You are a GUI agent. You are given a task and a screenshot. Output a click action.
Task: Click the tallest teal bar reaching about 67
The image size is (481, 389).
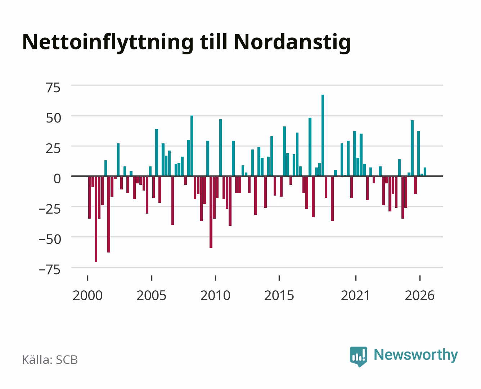[323, 135]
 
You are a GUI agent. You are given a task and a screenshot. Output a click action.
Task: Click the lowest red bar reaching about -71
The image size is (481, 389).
[96, 219]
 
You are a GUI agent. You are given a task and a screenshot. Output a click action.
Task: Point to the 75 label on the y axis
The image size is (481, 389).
[53, 88]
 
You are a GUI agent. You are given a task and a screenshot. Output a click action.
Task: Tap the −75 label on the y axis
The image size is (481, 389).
[49, 270]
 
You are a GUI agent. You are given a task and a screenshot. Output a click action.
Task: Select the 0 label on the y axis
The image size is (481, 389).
[57, 179]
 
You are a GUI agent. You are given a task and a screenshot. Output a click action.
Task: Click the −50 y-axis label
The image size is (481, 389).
[50, 240]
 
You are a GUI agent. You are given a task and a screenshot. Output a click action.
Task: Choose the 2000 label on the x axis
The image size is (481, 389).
[87, 295]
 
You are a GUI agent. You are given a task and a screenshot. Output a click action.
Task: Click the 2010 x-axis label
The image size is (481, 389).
[215, 295]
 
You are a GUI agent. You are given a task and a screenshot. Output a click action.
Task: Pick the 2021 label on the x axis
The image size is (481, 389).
[355, 295]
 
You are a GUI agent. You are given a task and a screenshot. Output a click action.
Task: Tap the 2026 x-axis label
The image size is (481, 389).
[419, 295]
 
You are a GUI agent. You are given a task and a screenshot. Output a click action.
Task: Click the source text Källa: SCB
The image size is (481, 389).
[50, 359]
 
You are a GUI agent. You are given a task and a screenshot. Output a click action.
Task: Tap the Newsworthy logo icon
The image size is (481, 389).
[358, 357]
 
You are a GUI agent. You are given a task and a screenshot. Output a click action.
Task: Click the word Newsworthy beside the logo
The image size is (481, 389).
[416, 355]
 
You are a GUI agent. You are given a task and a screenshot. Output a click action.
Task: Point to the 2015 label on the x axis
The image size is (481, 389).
[279, 295]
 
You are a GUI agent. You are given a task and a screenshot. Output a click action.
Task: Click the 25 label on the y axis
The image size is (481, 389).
[53, 148]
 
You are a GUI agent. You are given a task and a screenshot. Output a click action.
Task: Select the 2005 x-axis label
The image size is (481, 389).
[151, 295]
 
